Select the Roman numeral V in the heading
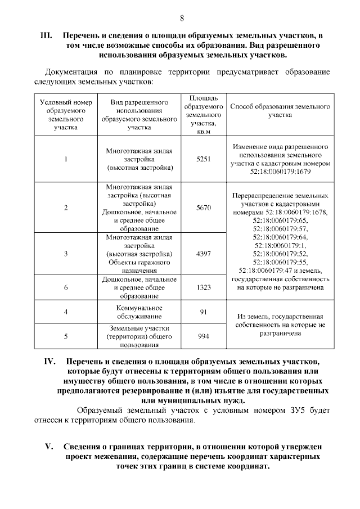pos(49,447)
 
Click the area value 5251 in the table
pos(203,159)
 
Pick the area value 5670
pos(203,208)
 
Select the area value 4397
pos(203,254)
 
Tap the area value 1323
pos(203,287)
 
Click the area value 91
pos(203,312)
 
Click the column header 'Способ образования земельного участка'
pos(280,110)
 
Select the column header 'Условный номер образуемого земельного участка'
pos(66,115)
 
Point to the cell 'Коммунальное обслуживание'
pos(139,312)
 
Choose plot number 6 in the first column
pos(66,287)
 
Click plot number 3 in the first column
pos(66,254)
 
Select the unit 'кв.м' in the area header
pos(203,132)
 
